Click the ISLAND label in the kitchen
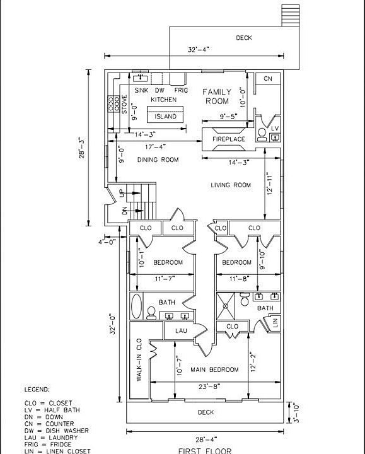tap(165, 117)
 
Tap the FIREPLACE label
tap(229, 139)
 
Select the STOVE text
tap(124, 105)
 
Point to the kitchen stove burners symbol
tap(113, 103)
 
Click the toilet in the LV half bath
tap(262, 135)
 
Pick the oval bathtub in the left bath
tap(136, 306)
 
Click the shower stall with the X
tap(226, 306)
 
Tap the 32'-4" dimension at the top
tap(199, 50)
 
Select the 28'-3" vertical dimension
tap(82, 148)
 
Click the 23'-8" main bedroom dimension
tap(210, 386)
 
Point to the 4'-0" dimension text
tap(107, 242)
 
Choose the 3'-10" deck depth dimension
tap(296, 412)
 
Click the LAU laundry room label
tap(181, 330)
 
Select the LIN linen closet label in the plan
tap(275, 322)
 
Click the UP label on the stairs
tap(121, 192)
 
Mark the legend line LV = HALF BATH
tap(52, 410)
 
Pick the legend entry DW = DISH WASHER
tap(57, 431)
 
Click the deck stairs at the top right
tap(291, 15)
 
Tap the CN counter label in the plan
tap(268, 78)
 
